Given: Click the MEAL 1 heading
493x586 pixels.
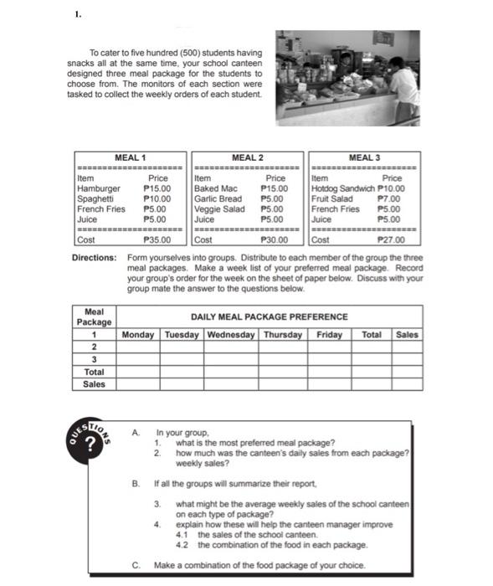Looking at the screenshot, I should click(x=130, y=157).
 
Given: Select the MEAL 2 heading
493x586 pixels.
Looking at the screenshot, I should click(x=248, y=157).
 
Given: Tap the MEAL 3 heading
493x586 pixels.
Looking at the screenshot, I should click(x=365, y=157).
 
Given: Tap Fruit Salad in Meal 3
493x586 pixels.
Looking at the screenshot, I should click(x=331, y=199).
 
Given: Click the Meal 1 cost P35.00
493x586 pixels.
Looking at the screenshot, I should click(x=157, y=239).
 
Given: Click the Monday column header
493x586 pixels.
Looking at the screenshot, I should click(x=138, y=335).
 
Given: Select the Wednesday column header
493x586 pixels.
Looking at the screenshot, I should click(x=230, y=335).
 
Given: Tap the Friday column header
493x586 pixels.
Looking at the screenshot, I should click(x=330, y=335).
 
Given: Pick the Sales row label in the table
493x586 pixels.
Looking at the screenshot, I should click(x=95, y=384).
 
